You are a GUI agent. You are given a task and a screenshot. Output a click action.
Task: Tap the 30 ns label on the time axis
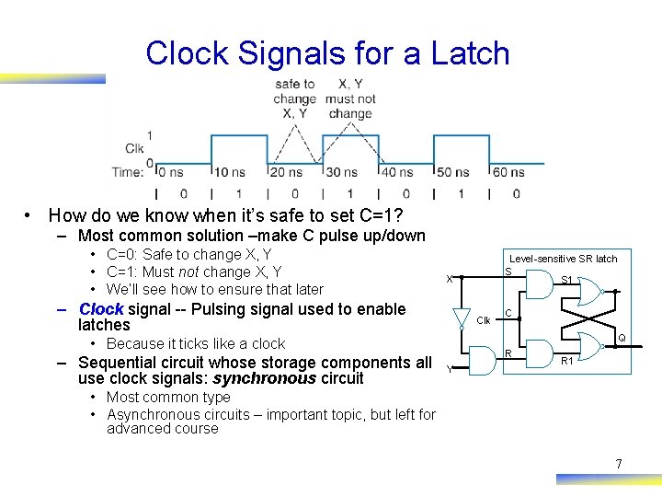(341, 171)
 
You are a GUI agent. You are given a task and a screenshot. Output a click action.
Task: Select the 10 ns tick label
(230, 171)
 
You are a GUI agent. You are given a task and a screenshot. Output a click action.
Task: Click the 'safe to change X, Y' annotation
(294, 98)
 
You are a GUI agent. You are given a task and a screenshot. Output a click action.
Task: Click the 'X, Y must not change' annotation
(350, 98)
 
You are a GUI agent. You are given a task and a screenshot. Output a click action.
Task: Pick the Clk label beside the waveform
(134, 148)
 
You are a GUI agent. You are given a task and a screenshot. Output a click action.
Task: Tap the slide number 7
(619, 464)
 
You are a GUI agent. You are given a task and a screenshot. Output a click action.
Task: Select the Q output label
(622, 338)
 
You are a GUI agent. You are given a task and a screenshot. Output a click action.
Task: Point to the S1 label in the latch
(567, 280)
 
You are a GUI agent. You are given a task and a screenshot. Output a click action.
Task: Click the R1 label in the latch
(567, 361)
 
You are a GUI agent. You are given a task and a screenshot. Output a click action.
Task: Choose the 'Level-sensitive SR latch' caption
(564, 259)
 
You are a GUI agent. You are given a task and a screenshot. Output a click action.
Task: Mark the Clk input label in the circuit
(483, 320)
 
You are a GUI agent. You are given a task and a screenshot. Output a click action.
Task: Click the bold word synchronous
(265, 378)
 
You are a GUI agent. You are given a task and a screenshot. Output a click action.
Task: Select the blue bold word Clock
(101, 309)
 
